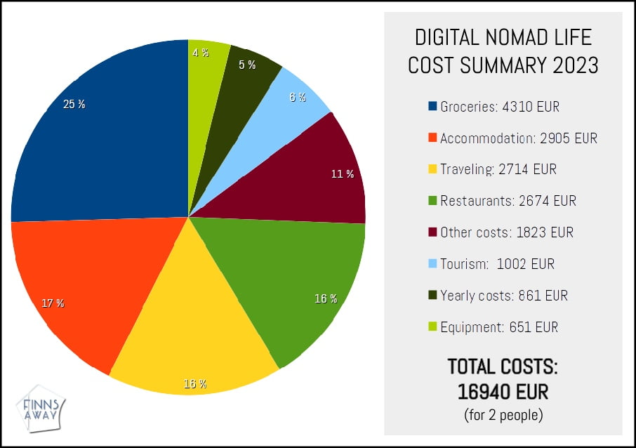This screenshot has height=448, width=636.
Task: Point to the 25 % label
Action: tap(74, 105)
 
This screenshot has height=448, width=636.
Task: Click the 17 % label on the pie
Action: tap(53, 303)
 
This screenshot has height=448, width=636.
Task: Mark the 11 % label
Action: tap(343, 173)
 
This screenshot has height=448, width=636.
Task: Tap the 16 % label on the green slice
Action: tap(326, 298)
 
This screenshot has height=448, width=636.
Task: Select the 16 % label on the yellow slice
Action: tap(195, 384)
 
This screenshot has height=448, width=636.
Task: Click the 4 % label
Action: tap(200, 53)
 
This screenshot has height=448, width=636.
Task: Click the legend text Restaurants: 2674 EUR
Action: tap(508, 201)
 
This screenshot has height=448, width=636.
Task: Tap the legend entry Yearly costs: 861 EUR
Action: tap(503, 296)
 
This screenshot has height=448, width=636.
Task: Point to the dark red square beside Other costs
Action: tap(432, 232)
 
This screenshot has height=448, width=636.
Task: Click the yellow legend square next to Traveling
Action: tap(432, 169)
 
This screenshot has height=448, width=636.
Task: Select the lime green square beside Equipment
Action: tap(432, 327)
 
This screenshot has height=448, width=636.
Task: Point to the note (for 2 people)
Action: tap(503, 414)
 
